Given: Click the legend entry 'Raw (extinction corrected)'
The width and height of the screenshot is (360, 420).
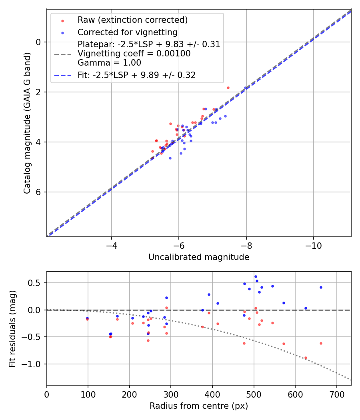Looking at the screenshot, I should click(x=132, y=20).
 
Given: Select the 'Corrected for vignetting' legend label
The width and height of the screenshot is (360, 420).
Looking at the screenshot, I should click(x=127, y=32).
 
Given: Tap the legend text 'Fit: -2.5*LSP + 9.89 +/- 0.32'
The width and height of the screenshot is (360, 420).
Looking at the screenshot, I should click(x=136, y=75).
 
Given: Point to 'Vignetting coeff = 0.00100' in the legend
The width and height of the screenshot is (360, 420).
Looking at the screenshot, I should click(x=134, y=54).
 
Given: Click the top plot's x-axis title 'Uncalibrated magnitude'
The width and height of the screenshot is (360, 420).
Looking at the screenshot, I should click(x=199, y=257).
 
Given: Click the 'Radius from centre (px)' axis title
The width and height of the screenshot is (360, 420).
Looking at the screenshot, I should click(x=199, y=406).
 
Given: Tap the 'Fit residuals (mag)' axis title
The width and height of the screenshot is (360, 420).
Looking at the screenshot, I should click(x=13, y=328).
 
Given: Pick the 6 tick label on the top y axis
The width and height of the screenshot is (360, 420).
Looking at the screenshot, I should click(x=39, y=192).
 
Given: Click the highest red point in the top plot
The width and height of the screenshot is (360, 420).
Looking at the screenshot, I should click(x=228, y=88).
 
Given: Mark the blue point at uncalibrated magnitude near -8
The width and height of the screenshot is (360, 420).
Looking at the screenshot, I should click(x=246, y=88).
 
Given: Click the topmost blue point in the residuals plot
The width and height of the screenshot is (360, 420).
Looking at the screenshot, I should click(x=256, y=276).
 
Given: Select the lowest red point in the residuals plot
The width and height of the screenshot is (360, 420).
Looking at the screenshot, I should click(x=306, y=358).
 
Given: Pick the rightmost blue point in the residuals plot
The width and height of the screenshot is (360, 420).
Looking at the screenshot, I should click(x=321, y=287).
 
